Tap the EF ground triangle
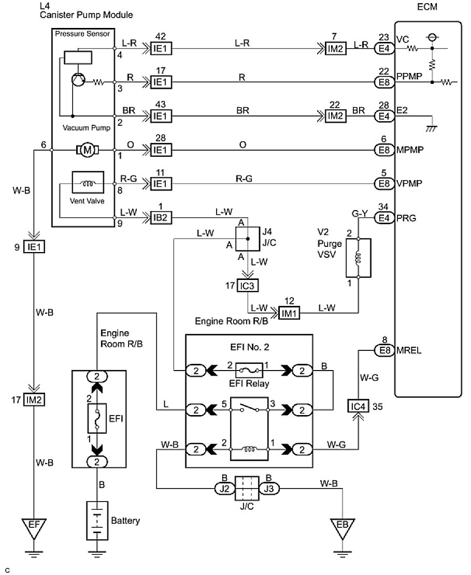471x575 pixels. (34, 527)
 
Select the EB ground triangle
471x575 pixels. (342, 527)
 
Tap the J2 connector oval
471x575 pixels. (224, 488)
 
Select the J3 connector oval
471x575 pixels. (269, 488)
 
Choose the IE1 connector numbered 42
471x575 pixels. (162, 49)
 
